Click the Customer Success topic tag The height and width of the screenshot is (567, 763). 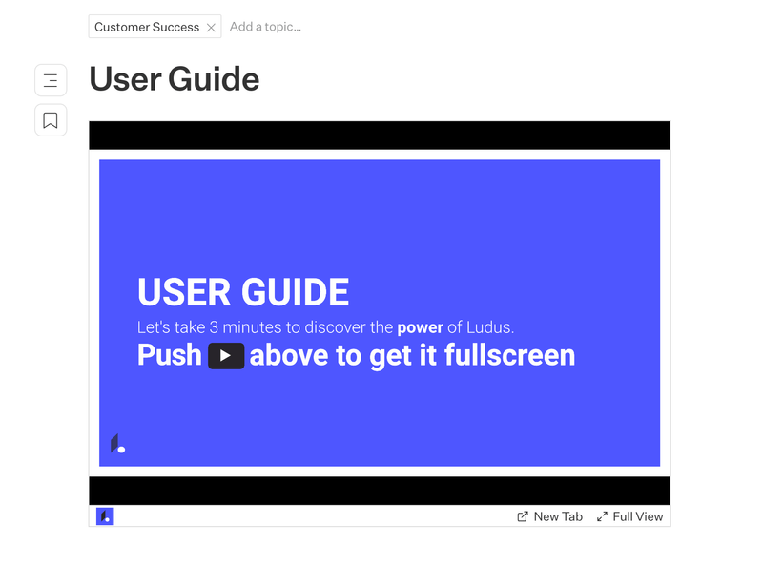pos(146,27)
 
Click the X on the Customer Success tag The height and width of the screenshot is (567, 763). pos(211,28)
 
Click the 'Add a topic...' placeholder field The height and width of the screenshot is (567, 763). pos(265,27)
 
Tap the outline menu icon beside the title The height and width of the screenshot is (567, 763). pos(51,81)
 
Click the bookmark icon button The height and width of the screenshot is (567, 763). pos(51,120)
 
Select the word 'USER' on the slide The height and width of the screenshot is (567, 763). pos(182,292)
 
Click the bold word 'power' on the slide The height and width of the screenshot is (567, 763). pos(420,327)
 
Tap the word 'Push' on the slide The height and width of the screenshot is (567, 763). pos(170,355)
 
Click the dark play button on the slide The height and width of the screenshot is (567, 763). pos(226,356)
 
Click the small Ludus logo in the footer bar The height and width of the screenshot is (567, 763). pos(105,516)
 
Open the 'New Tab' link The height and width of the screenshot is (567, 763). pos(549,516)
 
